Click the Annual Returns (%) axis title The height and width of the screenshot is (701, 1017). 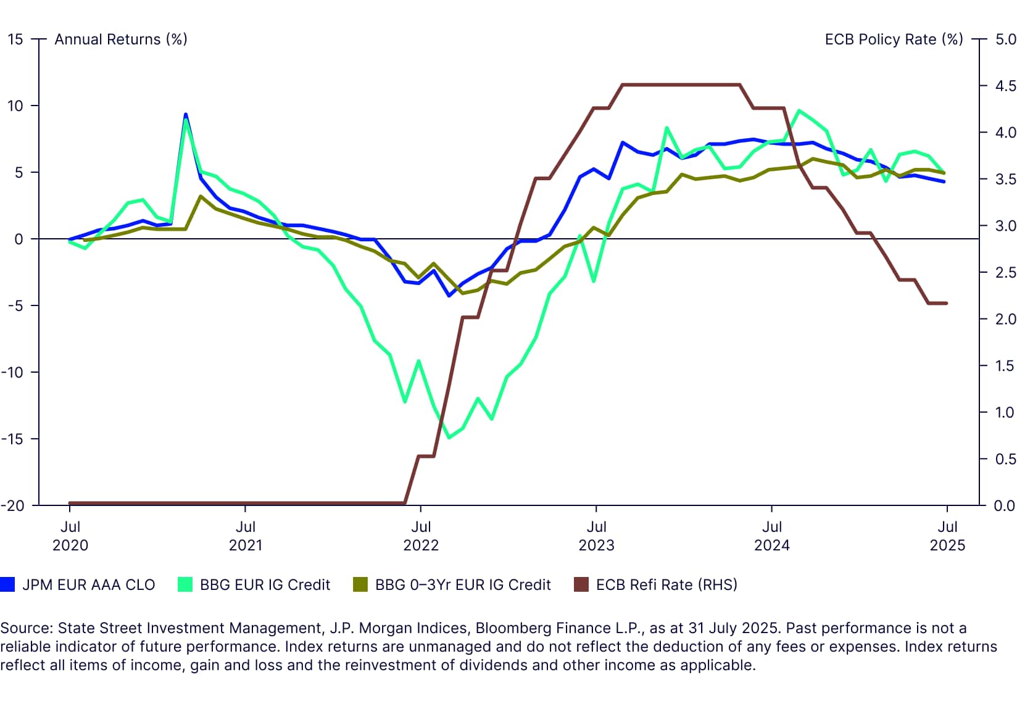tap(120, 39)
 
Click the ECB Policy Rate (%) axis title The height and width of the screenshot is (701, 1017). tap(894, 39)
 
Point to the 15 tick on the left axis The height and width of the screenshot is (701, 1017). tap(15, 39)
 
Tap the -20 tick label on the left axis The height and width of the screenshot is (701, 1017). tap(12, 505)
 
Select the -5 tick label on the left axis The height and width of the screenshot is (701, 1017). tap(15, 305)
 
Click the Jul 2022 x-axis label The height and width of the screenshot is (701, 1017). tap(421, 536)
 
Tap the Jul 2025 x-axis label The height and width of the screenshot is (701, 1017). tap(947, 536)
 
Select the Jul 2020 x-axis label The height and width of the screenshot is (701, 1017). tap(70, 536)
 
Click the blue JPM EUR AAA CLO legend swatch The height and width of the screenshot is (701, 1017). tap(7, 584)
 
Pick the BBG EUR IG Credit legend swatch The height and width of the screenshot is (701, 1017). tap(185, 584)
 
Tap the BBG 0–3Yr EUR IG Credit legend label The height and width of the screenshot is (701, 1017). tap(463, 584)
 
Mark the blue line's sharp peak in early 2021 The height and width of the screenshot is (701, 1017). tap(186, 115)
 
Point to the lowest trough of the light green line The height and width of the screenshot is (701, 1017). tap(449, 438)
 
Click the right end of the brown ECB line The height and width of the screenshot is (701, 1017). tap(946, 303)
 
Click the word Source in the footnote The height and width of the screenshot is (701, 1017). tap(26, 628)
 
